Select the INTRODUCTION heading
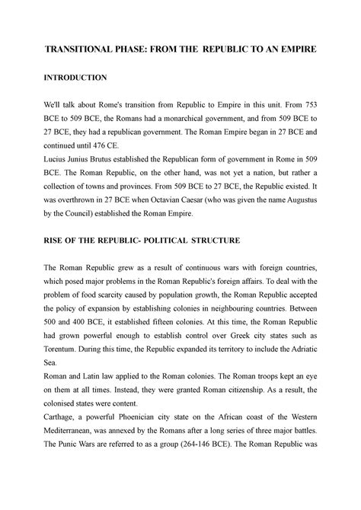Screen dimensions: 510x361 (69, 78)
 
